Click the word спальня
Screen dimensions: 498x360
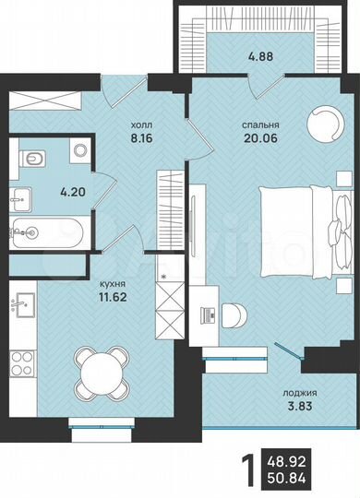(x=260, y=126)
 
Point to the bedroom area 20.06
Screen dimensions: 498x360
(x=260, y=141)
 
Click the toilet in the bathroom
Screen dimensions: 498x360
(x=31, y=160)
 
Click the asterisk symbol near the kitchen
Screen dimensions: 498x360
(x=164, y=275)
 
